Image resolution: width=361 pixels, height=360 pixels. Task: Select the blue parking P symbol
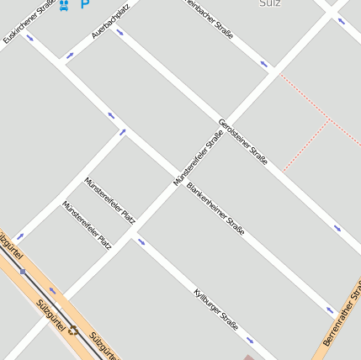pos(84,4)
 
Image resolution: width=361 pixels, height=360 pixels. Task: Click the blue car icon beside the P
pos(65,5)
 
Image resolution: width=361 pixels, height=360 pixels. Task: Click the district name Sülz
pos(270,3)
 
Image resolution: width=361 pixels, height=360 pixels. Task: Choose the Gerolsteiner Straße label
pos(243,141)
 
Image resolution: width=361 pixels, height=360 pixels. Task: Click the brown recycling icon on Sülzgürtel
pos(73,330)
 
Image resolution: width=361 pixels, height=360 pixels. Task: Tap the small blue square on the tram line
pos(23,272)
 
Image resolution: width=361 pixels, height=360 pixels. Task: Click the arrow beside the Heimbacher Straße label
pos(264,64)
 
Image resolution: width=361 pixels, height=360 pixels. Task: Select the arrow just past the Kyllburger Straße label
pos(250,341)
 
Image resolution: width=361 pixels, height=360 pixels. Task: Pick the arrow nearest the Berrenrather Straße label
pos(330,310)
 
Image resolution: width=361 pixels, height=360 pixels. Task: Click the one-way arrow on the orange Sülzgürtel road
pos(52,292)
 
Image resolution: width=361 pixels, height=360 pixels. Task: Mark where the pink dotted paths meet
pos(326,119)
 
